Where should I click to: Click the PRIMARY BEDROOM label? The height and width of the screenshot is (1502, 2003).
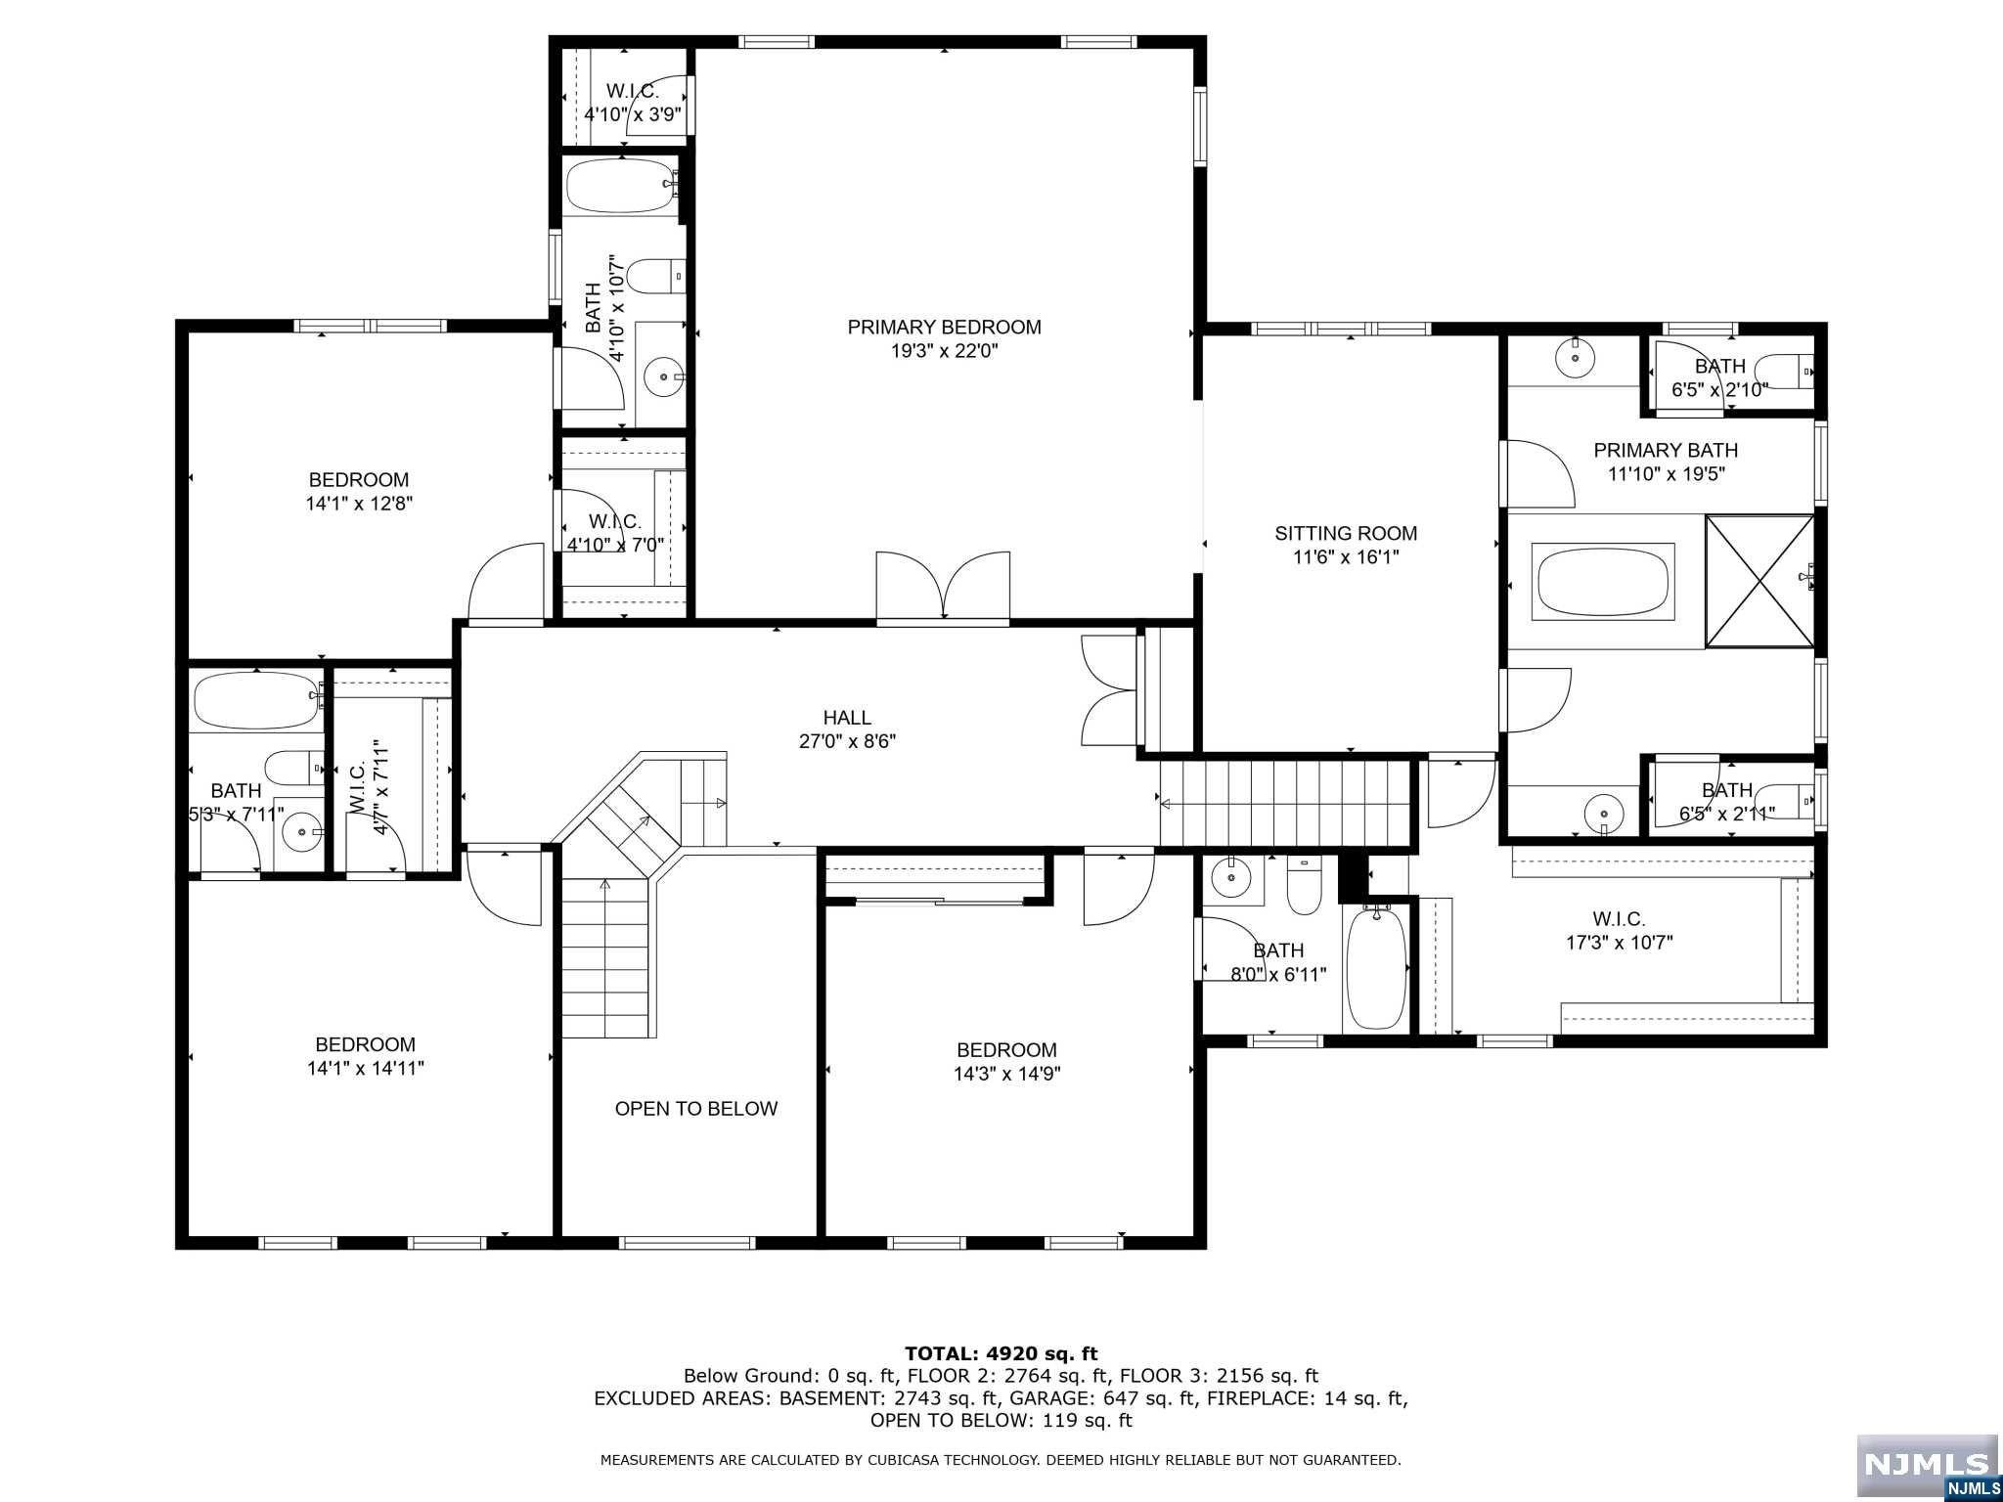[x=944, y=328]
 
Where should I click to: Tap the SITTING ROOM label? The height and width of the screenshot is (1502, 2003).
[x=1346, y=534]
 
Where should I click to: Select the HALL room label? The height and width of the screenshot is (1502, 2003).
[x=847, y=719]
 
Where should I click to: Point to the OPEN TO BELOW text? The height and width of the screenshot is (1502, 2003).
[x=696, y=1109]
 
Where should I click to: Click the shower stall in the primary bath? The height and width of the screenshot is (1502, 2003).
[x=1759, y=581]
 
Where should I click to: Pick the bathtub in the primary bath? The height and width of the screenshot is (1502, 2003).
[x=1605, y=581]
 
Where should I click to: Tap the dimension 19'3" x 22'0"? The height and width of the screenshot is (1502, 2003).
[x=944, y=352]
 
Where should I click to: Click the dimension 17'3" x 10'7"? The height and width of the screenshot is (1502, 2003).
[x=1619, y=944]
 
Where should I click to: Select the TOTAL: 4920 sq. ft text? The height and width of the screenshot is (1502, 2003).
[x=1001, y=1354]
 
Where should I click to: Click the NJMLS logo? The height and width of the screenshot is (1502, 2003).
[x=1927, y=1467]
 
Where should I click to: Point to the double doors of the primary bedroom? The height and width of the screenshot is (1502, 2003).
[x=943, y=585]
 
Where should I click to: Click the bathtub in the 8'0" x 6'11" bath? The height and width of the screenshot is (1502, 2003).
[x=1376, y=967]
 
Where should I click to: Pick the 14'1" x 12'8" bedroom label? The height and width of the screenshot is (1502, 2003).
[x=359, y=492]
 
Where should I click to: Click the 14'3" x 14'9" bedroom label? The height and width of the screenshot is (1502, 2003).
[x=1006, y=1062]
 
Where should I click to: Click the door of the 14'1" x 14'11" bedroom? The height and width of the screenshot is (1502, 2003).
[x=504, y=885]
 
